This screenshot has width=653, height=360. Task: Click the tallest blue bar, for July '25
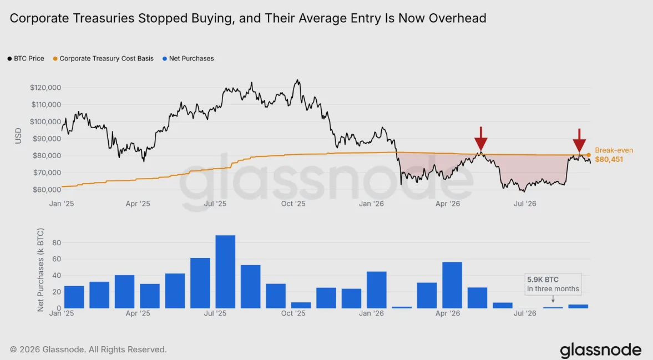pyautogui.click(x=225, y=272)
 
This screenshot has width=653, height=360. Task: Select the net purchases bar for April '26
pyautogui.click(x=452, y=285)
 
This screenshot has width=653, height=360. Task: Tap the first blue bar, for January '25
pyautogui.click(x=74, y=297)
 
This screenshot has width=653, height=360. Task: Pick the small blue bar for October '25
pyautogui.click(x=301, y=305)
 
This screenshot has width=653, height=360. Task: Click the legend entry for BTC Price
pyautogui.click(x=26, y=59)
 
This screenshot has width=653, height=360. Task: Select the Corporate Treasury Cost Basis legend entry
pyautogui.click(x=103, y=59)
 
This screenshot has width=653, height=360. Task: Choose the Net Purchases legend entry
pyautogui.click(x=188, y=59)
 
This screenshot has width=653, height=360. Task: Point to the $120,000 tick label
pyautogui.click(x=45, y=88)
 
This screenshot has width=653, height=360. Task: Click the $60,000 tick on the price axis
pyautogui.click(x=47, y=190)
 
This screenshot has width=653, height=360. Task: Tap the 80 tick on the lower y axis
pyautogui.click(x=57, y=242)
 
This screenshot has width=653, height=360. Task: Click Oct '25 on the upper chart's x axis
pyautogui.click(x=293, y=204)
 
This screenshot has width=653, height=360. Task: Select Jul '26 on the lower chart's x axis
pyautogui.click(x=525, y=313)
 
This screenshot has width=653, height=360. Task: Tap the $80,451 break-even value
pyautogui.click(x=609, y=159)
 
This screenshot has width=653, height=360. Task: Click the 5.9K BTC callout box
pyautogui.click(x=553, y=284)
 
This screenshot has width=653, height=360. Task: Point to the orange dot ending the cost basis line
pyautogui.click(x=589, y=155)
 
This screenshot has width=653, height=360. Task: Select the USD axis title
pyautogui.click(x=18, y=136)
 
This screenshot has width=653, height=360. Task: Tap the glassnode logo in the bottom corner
pyautogui.click(x=600, y=351)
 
